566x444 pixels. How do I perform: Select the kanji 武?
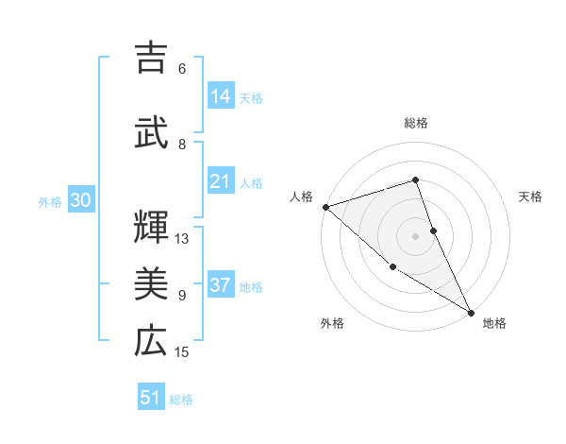[151, 131]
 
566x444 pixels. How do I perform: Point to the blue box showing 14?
[221, 95]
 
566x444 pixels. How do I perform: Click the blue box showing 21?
[221, 181]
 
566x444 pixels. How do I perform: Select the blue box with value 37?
[221, 285]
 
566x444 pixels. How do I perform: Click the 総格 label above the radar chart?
[416, 123]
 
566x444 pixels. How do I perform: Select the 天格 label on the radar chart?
[531, 196]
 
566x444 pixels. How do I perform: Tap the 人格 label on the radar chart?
[301, 196]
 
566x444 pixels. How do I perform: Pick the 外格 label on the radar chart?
[331, 323]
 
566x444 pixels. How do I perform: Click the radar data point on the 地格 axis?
[471, 311]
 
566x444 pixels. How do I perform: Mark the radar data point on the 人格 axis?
[325, 206]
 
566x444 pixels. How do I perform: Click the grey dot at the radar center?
[416, 235]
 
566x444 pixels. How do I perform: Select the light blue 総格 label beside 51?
[181, 400]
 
